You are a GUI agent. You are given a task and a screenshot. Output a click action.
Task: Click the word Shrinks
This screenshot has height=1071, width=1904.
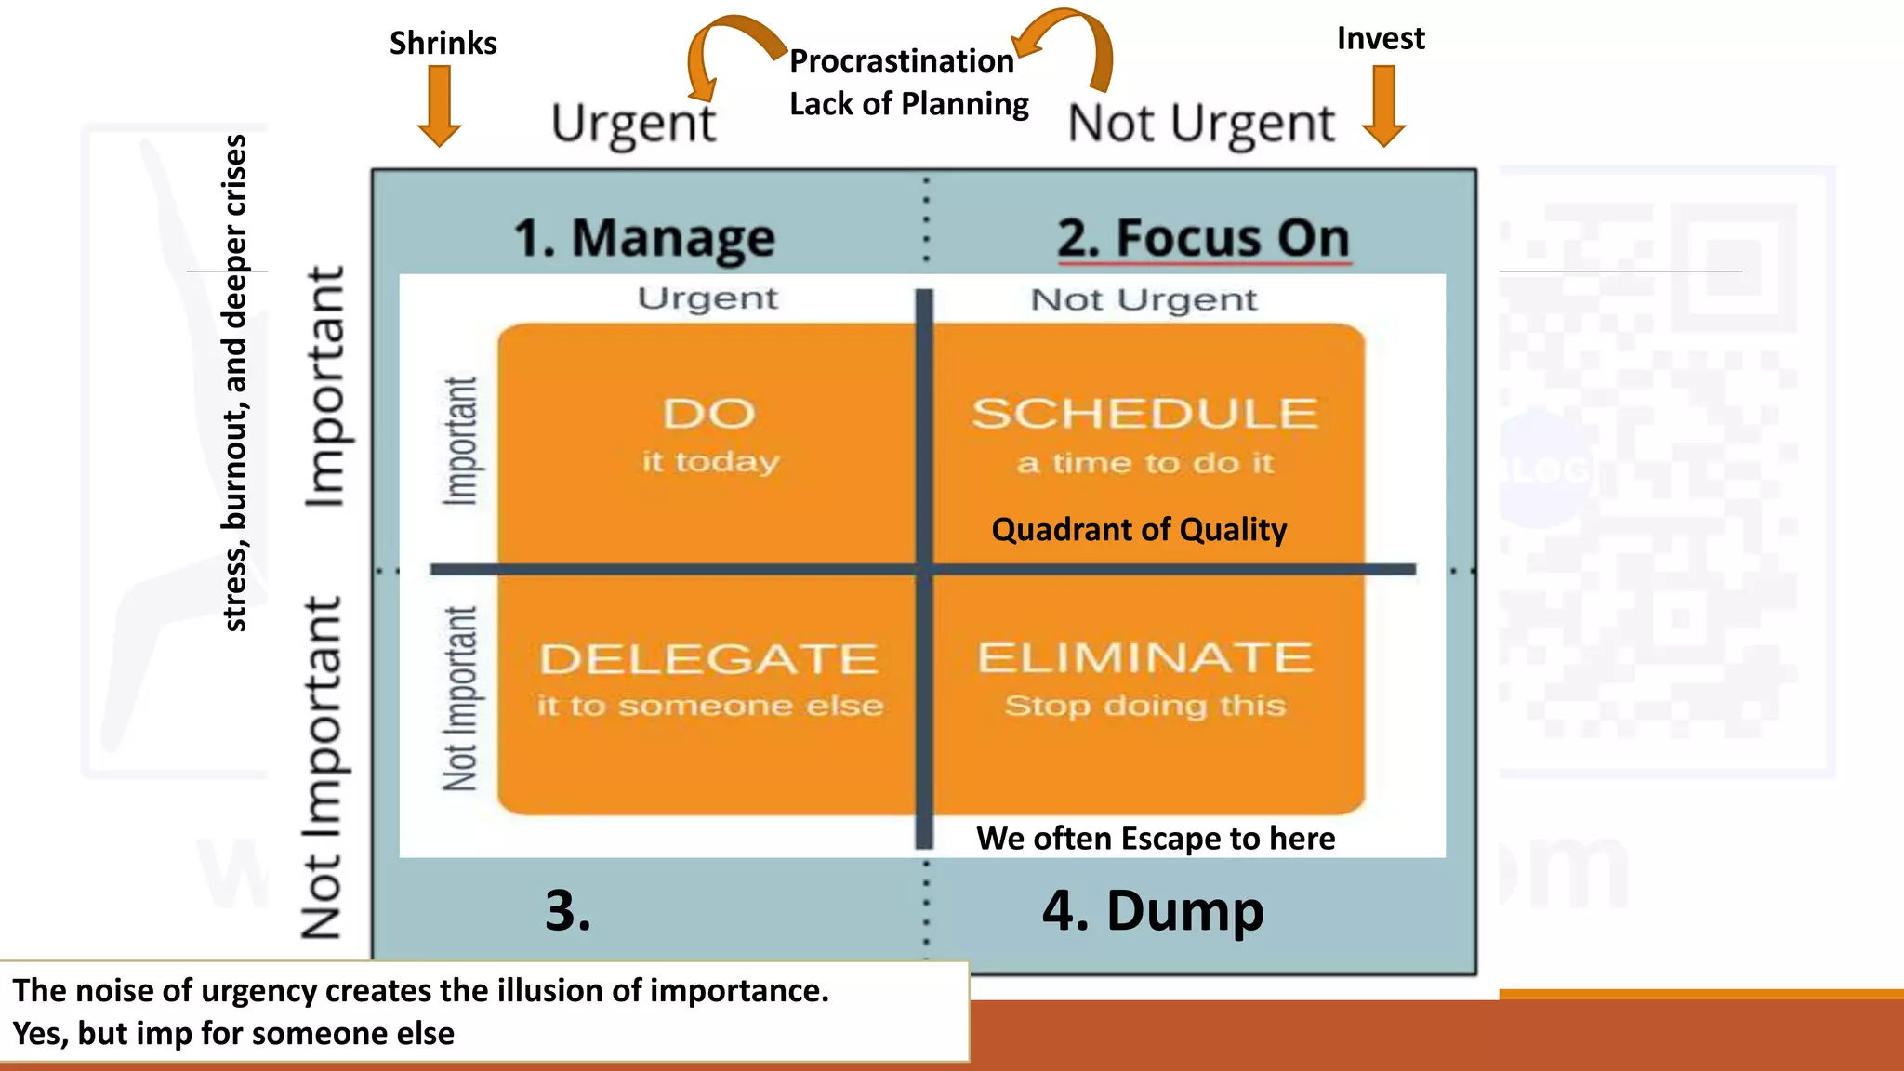coord(443,43)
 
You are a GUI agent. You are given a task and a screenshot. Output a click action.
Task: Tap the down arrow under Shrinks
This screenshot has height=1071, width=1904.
coord(439,106)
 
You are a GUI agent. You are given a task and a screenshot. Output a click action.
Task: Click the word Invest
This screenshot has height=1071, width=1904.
coord(1381,38)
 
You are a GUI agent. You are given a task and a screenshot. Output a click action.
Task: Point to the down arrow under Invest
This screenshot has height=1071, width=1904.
coord(1384,106)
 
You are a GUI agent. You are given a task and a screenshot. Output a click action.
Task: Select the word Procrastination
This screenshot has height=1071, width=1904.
coord(901,61)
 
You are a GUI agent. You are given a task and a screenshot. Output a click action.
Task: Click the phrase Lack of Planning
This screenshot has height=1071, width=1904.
coord(908,103)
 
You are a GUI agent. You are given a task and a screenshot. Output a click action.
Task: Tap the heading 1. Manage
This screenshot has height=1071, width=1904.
coord(644,238)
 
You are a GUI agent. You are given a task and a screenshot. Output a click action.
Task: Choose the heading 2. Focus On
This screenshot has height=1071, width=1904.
coord(1203,238)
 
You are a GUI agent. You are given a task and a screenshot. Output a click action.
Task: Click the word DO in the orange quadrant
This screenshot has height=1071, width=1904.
coord(708,414)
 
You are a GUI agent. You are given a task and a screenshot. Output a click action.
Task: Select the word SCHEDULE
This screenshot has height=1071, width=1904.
coord(1144,414)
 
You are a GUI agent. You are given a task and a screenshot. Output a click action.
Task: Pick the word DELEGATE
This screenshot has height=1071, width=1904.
coord(708,659)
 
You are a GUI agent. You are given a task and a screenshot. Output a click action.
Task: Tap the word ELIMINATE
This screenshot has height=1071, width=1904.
coord(1144,658)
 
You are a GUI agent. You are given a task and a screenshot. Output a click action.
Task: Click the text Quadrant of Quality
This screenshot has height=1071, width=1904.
coord(1139,530)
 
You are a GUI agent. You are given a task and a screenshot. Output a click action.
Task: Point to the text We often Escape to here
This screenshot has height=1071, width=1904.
coord(1156,839)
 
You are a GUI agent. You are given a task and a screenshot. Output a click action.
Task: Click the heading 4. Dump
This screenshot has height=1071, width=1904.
coord(1153,910)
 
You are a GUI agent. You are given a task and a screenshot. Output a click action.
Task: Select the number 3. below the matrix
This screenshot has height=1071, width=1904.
coord(568,910)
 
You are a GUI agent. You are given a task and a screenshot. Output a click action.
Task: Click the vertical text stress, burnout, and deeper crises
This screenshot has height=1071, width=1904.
coord(235,383)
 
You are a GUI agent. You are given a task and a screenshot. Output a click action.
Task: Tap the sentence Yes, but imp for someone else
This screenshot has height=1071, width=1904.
coord(233,1033)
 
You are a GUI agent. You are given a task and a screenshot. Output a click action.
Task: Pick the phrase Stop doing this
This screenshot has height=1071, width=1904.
coord(1144,706)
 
